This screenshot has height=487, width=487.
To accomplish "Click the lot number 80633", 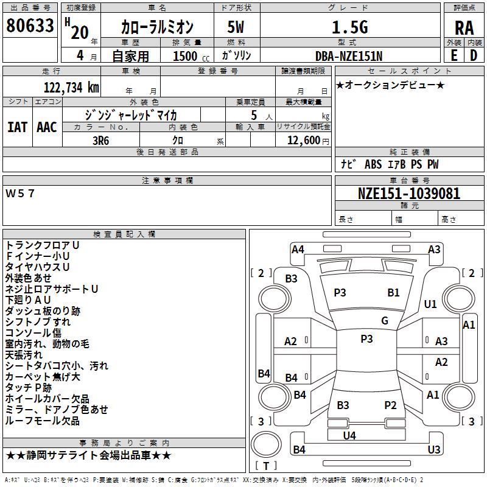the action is pos(30,26).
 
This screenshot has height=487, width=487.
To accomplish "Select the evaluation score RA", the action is pos(464,27).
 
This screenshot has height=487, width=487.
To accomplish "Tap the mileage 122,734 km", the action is pos(71,87).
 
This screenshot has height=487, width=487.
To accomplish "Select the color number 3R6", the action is pos(101,139).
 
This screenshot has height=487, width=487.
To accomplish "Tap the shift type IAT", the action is pos(18,127).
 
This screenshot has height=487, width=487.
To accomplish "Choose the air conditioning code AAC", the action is pos(47,127).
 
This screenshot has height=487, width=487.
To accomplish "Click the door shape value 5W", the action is pos(236,27).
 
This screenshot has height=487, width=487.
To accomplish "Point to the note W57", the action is pos(21,194).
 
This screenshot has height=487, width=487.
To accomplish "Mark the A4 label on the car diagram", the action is pos(298,249).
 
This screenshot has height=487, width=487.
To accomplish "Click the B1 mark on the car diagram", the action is pos(394,293).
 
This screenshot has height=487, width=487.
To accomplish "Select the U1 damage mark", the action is pos(430,304).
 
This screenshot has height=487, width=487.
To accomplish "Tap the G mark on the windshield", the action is pos(385,321).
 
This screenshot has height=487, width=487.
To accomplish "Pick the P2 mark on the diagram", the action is pos(390,405).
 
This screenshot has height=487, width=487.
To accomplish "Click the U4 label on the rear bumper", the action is pos(349,435).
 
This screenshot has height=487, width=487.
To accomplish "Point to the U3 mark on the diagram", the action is pos(433,450).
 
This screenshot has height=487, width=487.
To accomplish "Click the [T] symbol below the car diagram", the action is pos(266,466).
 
